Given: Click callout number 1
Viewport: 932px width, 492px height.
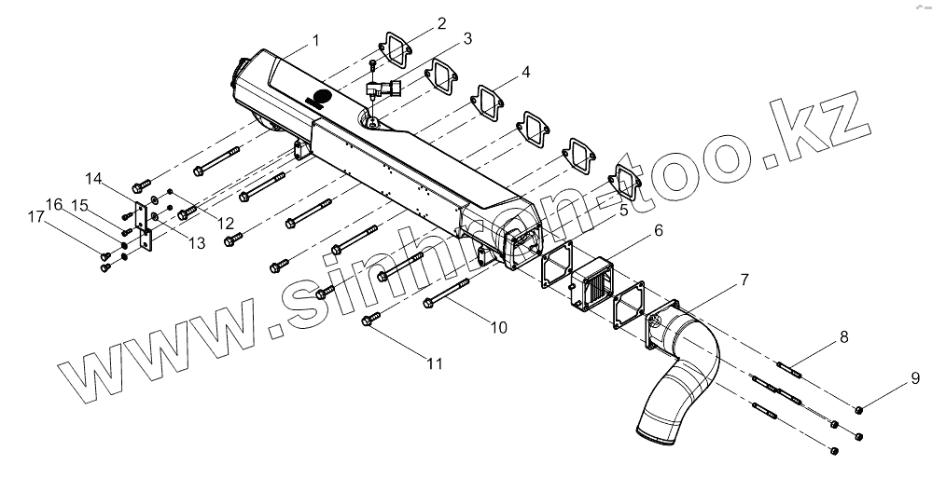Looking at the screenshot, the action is pyautogui.click(x=315, y=40).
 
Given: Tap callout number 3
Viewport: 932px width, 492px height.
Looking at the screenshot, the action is pyautogui.click(x=466, y=38).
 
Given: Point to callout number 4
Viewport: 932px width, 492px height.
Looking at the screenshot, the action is pyautogui.click(x=525, y=72).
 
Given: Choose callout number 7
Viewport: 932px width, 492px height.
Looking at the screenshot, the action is pyautogui.click(x=744, y=280).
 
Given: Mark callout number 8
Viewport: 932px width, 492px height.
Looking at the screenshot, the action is pyautogui.click(x=842, y=336).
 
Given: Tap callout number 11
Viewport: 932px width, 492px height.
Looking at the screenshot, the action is pyautogui.click(x=434, y=363).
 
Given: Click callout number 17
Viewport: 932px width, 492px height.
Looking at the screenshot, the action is pyautogui.click(x=35, y=218).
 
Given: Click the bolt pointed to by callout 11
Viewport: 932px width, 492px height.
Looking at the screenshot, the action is pyautogui.click(x=370, y=321).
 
